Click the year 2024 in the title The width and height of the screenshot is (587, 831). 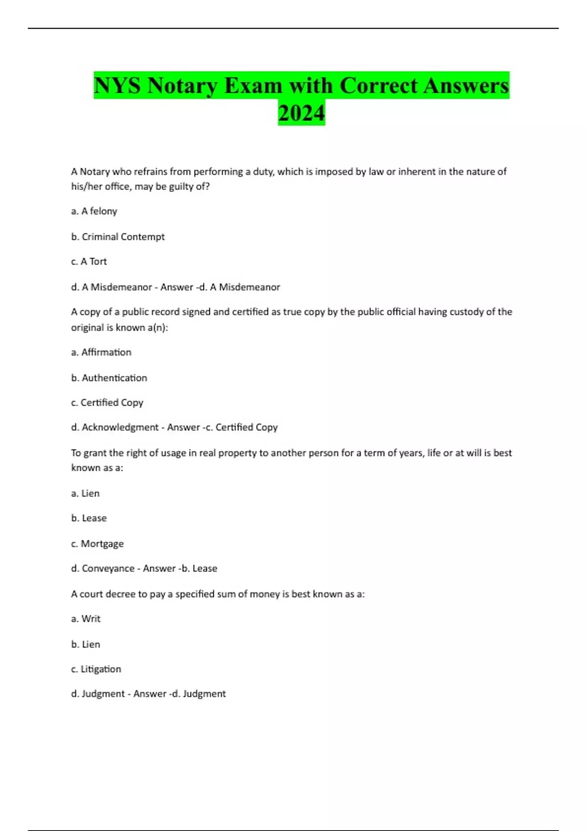[301, 113]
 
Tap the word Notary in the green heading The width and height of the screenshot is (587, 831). [182, 86]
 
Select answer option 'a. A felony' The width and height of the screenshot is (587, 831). [94, 211]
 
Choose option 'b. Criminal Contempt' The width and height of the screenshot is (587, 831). [118, 237]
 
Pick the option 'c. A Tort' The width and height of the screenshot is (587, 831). [89, 262]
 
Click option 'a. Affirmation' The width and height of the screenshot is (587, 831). [101, 352]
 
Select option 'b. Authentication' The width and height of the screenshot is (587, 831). [109, 378]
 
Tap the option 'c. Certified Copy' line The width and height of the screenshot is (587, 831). [107, 403]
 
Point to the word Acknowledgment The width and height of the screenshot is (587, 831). [120, 427]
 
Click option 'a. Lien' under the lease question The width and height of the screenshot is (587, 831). [85, 493]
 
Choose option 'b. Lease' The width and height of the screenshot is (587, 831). [89, 518]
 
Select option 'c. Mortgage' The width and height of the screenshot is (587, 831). [97, 544]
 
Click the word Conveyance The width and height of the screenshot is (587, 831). [108, 569]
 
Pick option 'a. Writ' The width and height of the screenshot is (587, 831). [86, 619]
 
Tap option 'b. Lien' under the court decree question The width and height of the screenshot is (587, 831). [86, 644]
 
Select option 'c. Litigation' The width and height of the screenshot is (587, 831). [96, 669]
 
